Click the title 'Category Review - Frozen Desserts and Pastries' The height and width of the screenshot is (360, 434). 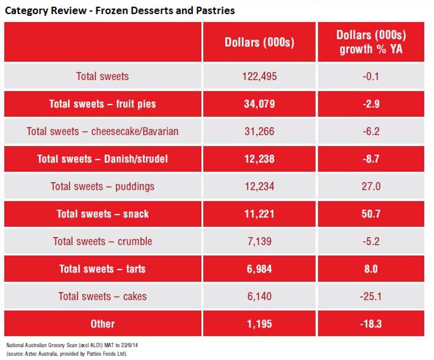[x=120, y=10]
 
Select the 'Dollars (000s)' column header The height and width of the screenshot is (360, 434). [x=259, y=42]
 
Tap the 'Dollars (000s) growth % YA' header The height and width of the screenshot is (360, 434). [x=372, y=42]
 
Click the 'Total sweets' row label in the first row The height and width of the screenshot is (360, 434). [x=103, y=76]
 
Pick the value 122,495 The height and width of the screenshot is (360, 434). [x=259, y=76]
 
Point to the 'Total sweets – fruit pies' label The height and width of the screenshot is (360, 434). [x=103, y=104]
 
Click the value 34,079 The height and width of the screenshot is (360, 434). [x=259, y=104]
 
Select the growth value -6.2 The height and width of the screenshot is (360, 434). [x=372, y=131]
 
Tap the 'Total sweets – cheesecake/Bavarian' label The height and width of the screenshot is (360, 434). [x=103, y=131]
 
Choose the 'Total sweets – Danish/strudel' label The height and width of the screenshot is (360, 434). [x=103, y=159]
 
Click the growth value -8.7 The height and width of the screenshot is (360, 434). [x=372, y=159]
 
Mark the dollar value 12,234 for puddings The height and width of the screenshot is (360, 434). [x=259, y=186]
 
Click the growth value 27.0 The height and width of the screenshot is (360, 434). [x=372, y=186]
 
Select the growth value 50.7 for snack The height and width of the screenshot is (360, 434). [x=372, y=214]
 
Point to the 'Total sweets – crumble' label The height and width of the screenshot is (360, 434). [x=103, y=241]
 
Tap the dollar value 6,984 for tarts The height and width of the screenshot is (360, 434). [x=259, y=269]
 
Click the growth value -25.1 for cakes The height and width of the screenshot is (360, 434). [x=372, y=296]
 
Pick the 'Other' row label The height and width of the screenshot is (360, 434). [x=103, y=324]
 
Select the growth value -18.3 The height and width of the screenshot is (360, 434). [x=372, y=324]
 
